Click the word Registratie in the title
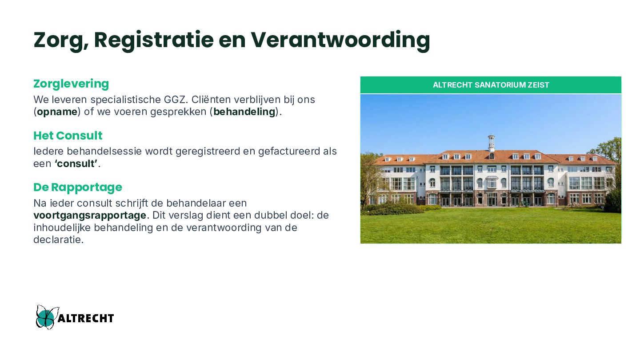pyautogui.click(x=154, y=40)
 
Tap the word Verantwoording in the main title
pyautogui.click(x=340, y=40)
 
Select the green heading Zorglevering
pyautogui.click(x=71, y=84)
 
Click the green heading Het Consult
pyautogui.click(x=68, y=136)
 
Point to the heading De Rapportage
pyautogui.click(x=78, y=188)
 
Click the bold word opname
pyautogui.click(x=57, y=112)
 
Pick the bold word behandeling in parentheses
pyautogui.click(x=244, y=112)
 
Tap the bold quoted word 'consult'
pyautogui.click(x=76, y=164)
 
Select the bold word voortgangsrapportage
pyautogui.click(x=90, y=216)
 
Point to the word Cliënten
pyautogui.click(x=211, y=100)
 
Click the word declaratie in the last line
pyautogui.click(x=59, y=240)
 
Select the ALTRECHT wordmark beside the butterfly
pyautogui.click(x=86, y=318)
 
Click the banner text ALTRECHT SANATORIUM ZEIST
pyautogui.click(x=491, y=85)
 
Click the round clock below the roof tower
pyautogui.click(x=492, y=156)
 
